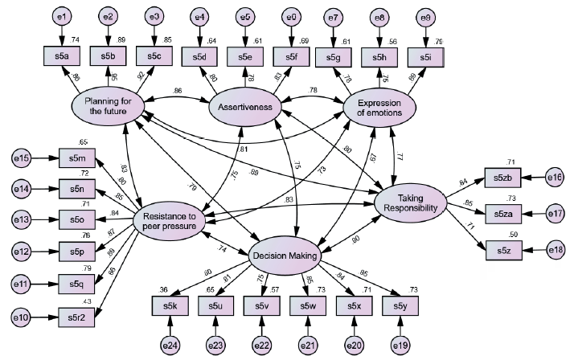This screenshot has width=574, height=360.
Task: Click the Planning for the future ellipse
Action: click(x=107, y=104)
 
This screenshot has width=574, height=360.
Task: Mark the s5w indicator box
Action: click(x=309, y=305)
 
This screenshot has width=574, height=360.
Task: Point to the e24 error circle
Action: click(x=170, y=344)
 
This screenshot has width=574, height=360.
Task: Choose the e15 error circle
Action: click(x=24, y=159)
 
